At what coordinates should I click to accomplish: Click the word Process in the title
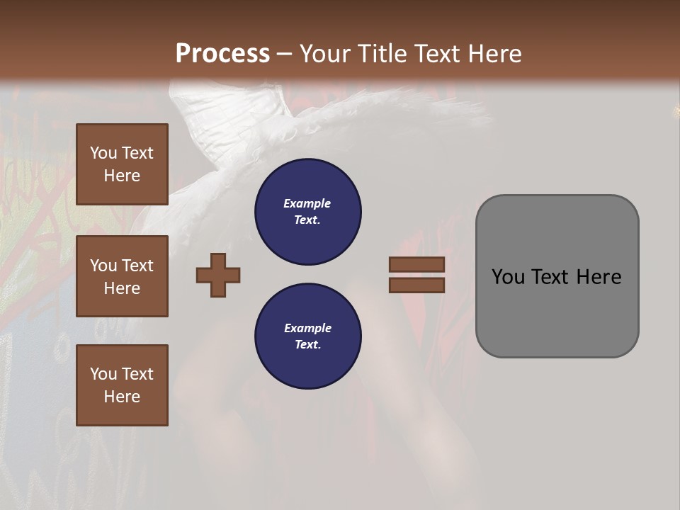[222, 54]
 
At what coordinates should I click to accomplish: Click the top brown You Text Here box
[122, 164]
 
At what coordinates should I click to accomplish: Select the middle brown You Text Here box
[122, 276]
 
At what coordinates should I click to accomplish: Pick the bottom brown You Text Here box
[122, 385]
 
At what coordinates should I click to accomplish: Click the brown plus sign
[218, 275]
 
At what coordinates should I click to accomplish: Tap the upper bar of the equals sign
[416, 264]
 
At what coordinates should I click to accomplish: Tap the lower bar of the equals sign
[416, 285]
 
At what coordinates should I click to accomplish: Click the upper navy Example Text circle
[307, 212]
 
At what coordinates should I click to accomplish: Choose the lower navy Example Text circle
[307, 336]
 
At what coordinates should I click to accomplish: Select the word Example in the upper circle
[307, 203]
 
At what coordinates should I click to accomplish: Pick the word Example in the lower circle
[307, 328]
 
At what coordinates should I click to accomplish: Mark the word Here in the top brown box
[122, 176]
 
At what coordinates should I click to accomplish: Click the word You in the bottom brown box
[104, 374]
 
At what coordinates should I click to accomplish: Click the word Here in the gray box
[599, 277]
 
